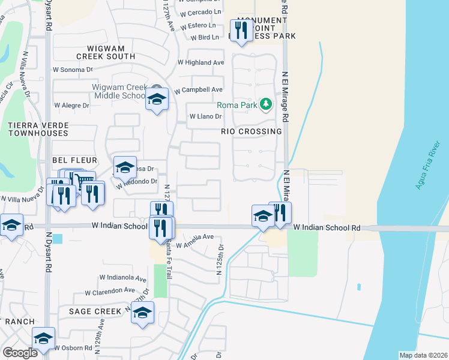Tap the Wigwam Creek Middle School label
point(118,91)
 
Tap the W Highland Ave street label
point(200,62)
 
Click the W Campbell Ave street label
point(199,90)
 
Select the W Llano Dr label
point(206,117)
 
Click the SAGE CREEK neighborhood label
point(95,311)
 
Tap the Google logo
point(20,352)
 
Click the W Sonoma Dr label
point(76,70)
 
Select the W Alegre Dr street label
point(71,105)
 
